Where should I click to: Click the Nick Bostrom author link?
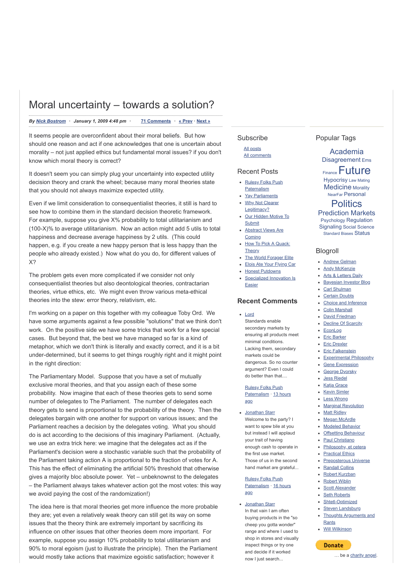(x=51, y=121)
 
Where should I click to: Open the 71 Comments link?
(x=155, y=121)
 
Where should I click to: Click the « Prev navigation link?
(x=185, y=121)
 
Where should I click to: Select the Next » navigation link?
(x=203, y=121)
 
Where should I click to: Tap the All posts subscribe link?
(x=252, y=149)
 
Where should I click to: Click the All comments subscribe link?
(x=257, y=155)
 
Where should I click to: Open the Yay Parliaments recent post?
(x=261, y=196)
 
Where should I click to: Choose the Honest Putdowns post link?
(x=262, y=271)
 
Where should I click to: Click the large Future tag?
(x=354, y=171)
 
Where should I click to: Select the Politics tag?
(x=346, y=204)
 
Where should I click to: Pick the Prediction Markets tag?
(x=346, y=213)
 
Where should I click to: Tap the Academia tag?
(x=346, y=152)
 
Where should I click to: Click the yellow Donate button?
(x=333, y=545)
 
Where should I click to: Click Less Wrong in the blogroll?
(x=335, y=399)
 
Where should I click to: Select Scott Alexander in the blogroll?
(x=339, y=488)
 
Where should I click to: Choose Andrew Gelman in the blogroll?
(x=340, y=262)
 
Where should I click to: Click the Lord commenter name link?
(x=249, y=315)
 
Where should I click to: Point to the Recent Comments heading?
(x=267, y=301)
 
